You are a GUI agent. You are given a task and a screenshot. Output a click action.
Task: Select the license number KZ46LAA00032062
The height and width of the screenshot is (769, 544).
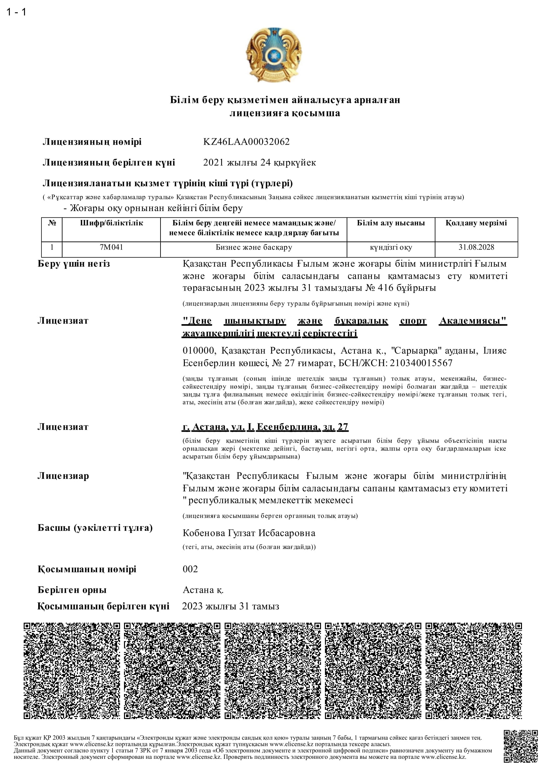pyautogui.click(x=246, y=142)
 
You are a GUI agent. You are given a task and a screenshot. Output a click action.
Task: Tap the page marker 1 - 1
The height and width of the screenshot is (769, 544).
pyautogui.click(x=16, y=12)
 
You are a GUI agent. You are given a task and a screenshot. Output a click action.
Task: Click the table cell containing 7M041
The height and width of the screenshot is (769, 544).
pyautogui.click(x=111, y=247)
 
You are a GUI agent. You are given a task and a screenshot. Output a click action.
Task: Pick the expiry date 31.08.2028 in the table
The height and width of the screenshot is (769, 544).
pyautogui.click(x=476, y=247)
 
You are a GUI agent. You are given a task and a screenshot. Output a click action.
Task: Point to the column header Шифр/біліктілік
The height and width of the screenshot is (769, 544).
pyautogui.click(x=111, y=223)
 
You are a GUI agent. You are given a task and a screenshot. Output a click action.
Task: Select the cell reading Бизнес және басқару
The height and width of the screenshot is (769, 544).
pyautogui.click(x=254, y=247)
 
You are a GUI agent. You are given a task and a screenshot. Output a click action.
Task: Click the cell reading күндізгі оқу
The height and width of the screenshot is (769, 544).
pyautogui.click(x=391, y=248)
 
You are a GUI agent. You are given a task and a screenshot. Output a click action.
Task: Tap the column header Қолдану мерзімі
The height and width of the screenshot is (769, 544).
pyautogui.click(x=476, y=223)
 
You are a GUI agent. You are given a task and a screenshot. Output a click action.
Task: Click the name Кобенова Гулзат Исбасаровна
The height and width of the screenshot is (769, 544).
pyautogui.click(x=249, y=533)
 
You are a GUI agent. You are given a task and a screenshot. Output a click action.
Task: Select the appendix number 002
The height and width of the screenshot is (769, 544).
pyautogui.click(x=190, y=569)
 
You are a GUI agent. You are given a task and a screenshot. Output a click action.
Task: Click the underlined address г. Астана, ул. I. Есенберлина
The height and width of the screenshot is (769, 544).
pyautogui.click(x=265, y=427)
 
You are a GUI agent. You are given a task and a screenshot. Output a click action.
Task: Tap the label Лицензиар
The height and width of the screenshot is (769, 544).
pyautogui.click(x=63, y=476)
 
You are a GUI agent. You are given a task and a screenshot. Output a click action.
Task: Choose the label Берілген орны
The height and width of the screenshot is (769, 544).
pyautogui.click(x=72, y=590)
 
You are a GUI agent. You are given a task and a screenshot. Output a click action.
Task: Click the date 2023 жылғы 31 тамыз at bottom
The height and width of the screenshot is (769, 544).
pyautogui.click(x=231, y=606)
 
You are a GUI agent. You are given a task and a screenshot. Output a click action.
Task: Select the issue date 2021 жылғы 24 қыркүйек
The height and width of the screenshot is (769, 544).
pyautogui.click(x=259, y=162)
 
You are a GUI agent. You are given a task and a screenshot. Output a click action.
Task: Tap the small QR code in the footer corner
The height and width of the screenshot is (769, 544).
pyautogui.click(x=521, y=747)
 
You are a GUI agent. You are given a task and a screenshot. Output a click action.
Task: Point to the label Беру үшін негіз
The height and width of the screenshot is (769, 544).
pyautogui.click(x=74, y=264)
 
